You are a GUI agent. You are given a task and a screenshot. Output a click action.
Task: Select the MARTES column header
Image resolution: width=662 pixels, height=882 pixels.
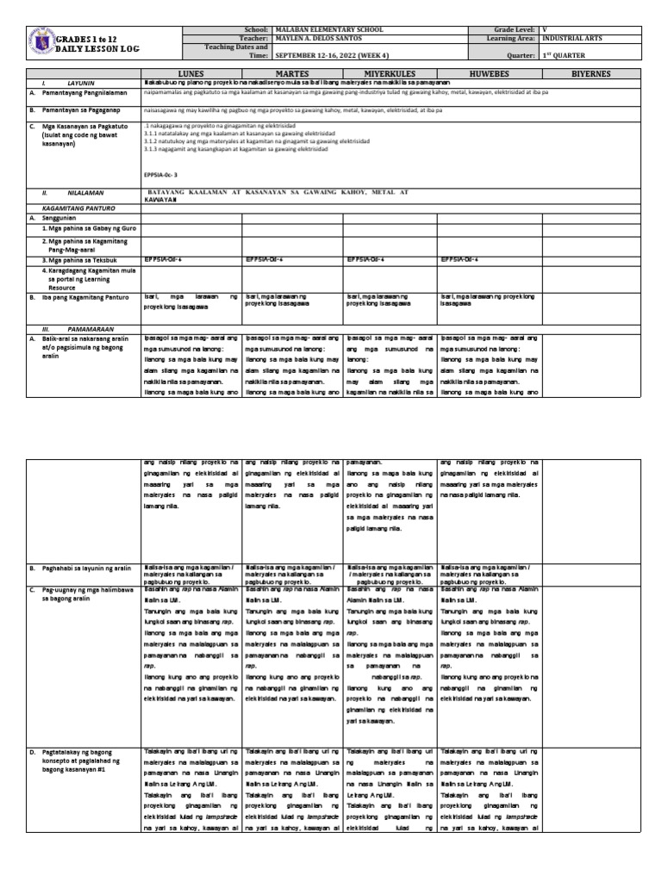point(292,74)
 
